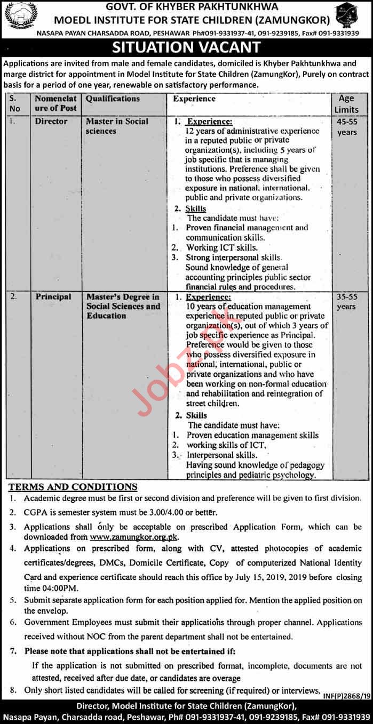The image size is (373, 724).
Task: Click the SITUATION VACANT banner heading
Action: pyautogui.click(x=186, y=47)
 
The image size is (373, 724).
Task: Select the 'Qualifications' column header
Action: pyautogui.click(x=113, y=99)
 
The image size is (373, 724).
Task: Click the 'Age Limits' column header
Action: pyautogui.click(x=346, y=103)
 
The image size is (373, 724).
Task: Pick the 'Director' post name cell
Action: pyautogui.click(x=51, y=122)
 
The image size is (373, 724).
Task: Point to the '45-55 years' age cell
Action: pyautogui.click(x=346, y=126)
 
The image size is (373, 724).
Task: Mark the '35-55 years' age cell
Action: pyautogui.click(x=346, y=302)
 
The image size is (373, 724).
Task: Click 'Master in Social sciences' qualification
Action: pyautogui.click(x=117, y=126)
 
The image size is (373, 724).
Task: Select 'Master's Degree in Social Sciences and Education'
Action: pyautogui.click(x=123, y=306)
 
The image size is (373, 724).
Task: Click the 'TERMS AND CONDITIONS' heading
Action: pyautogui.click(x=73, y=487)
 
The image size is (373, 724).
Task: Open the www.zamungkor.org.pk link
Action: pyautogui.click(x=134, y=537)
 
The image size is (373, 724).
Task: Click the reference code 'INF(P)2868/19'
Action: pyautogui.click(x=345, y=696)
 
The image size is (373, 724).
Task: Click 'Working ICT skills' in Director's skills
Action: pyautogui.click(x=221, y=247)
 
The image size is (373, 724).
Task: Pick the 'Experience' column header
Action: pyautogui.click(x=194, y=99)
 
